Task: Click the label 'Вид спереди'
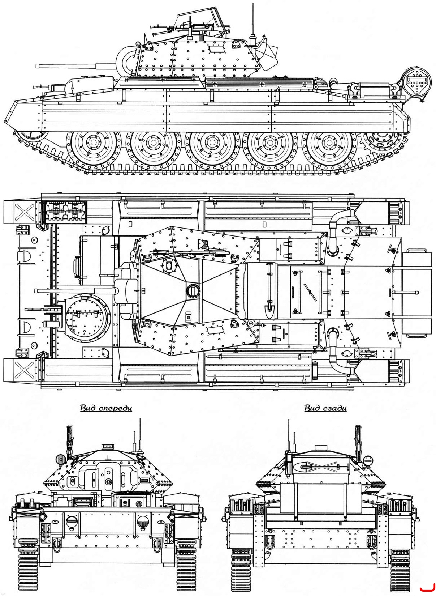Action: pyautogui.click(x=106, y=408)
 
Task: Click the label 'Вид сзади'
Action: pyautogui.click(x=325, y=408)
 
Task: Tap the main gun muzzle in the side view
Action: pyautogui.click(x=38, y=66)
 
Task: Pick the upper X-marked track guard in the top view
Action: pyautogui.click(x=25, y=212)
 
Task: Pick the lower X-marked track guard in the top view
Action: pyautogui.click(x=25, y=370)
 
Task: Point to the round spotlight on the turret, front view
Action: pyautogui.click(x=60, y=459)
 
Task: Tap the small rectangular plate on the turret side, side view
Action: pyautogui.click(x=216, y=49)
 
